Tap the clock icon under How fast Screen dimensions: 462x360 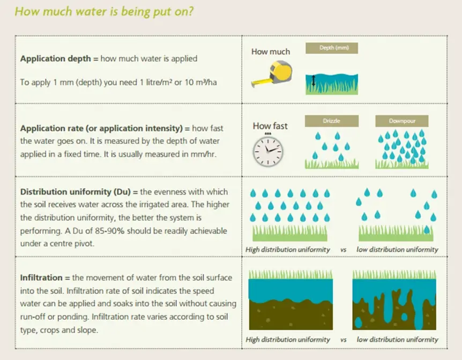(x=268, y=151)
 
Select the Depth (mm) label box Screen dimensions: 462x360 (x=332, y=48)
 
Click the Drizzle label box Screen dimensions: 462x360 (x=332, y=121)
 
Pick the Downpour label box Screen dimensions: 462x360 (x=402, y=121)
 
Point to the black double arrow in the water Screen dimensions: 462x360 (x=313, y=80)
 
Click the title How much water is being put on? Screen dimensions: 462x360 (x=104, y=11)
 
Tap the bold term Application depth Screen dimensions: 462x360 (x=55, y=58)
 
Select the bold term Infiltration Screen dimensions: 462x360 (x=41, y=277)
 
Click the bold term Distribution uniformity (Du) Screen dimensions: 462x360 (x=75, y=192)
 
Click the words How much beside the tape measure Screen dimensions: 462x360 (x=271, y=51)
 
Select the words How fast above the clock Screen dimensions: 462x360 (x=270, y=126)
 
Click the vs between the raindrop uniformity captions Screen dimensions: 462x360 (x=343, y=250)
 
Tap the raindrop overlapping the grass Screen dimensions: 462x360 (x=427, y=229)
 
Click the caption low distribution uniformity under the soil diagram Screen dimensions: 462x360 (x=397, y=340)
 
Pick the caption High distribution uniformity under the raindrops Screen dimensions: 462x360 (x=288, y=250)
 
